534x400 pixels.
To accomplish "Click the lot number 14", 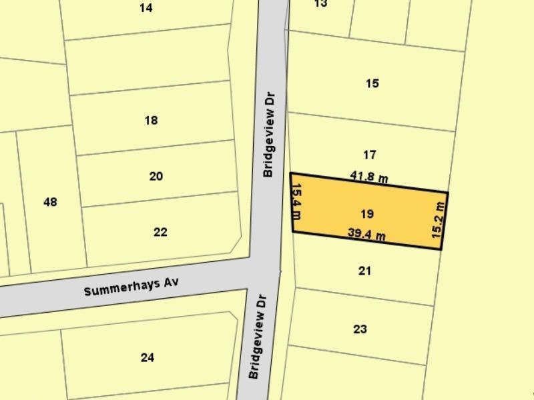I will [146, 8].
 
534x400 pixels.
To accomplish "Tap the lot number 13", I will [320, 3].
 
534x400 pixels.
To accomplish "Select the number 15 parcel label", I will [372, 83].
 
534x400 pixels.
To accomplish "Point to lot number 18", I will [151, 121].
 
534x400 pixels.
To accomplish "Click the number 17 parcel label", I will [370, 155].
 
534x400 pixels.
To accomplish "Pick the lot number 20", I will [156, 177].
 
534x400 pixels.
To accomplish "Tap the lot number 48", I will [50, 201].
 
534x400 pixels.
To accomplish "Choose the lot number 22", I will [160, 232].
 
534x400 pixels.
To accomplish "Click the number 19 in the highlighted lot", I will [366, 214].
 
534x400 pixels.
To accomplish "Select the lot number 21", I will [364, 271].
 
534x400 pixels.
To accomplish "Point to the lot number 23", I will [360, 329].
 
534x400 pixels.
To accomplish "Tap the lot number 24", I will [148, 357].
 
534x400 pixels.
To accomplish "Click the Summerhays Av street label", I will [132, 287].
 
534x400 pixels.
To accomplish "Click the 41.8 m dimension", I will [369, 177].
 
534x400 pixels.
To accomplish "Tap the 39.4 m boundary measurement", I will [366, 234].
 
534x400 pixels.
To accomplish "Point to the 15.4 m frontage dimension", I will [298, 201].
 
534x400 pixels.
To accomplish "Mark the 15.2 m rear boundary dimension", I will [439, 219].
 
